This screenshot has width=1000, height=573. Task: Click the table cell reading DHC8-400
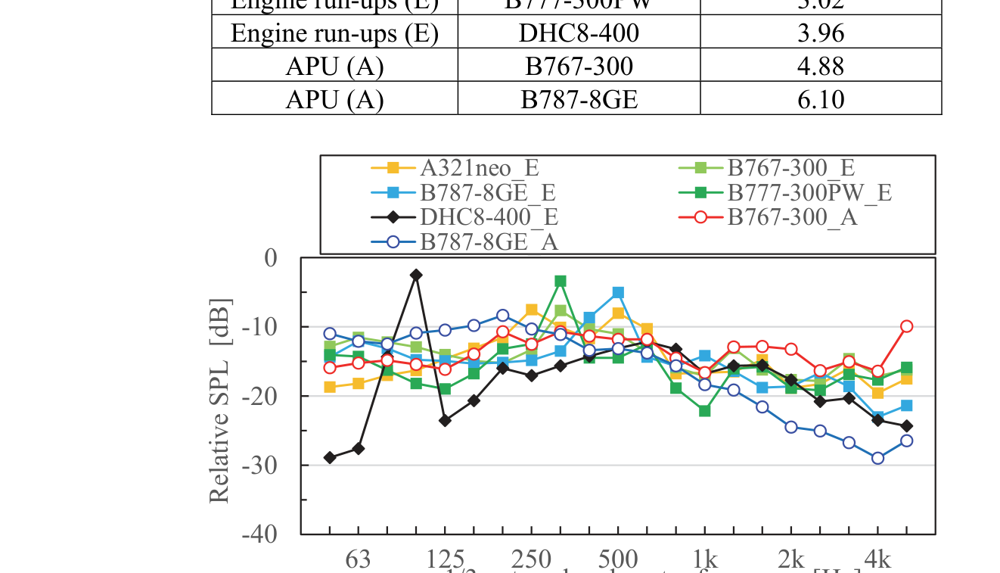[579, 34]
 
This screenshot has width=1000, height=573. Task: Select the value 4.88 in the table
[821, 67]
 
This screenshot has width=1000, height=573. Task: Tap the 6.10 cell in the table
[821, 99]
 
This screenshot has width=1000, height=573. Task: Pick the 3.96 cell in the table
[821, 34]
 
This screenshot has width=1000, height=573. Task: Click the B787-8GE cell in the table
[579, 99]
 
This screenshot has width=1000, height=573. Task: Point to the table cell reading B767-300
[579, 67]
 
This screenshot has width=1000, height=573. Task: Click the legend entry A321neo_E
[479, 168]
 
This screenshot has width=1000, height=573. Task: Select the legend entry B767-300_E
[790, 168]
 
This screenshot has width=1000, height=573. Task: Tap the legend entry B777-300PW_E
[809, 192]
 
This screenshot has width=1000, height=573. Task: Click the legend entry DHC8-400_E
[489, 217]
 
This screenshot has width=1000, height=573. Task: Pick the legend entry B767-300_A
[792, 217]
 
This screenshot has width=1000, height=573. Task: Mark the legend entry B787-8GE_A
[489, 242]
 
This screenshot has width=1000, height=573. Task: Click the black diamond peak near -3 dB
[416, 276]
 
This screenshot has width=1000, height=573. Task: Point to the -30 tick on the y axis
[259, 465]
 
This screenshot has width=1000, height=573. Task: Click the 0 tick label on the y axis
[271, 258]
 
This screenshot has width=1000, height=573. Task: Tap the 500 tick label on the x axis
[617, 560]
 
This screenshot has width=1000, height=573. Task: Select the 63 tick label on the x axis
[358, 560]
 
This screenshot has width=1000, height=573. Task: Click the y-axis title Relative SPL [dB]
[219, 401]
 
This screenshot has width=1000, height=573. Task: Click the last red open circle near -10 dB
[906, 326]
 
